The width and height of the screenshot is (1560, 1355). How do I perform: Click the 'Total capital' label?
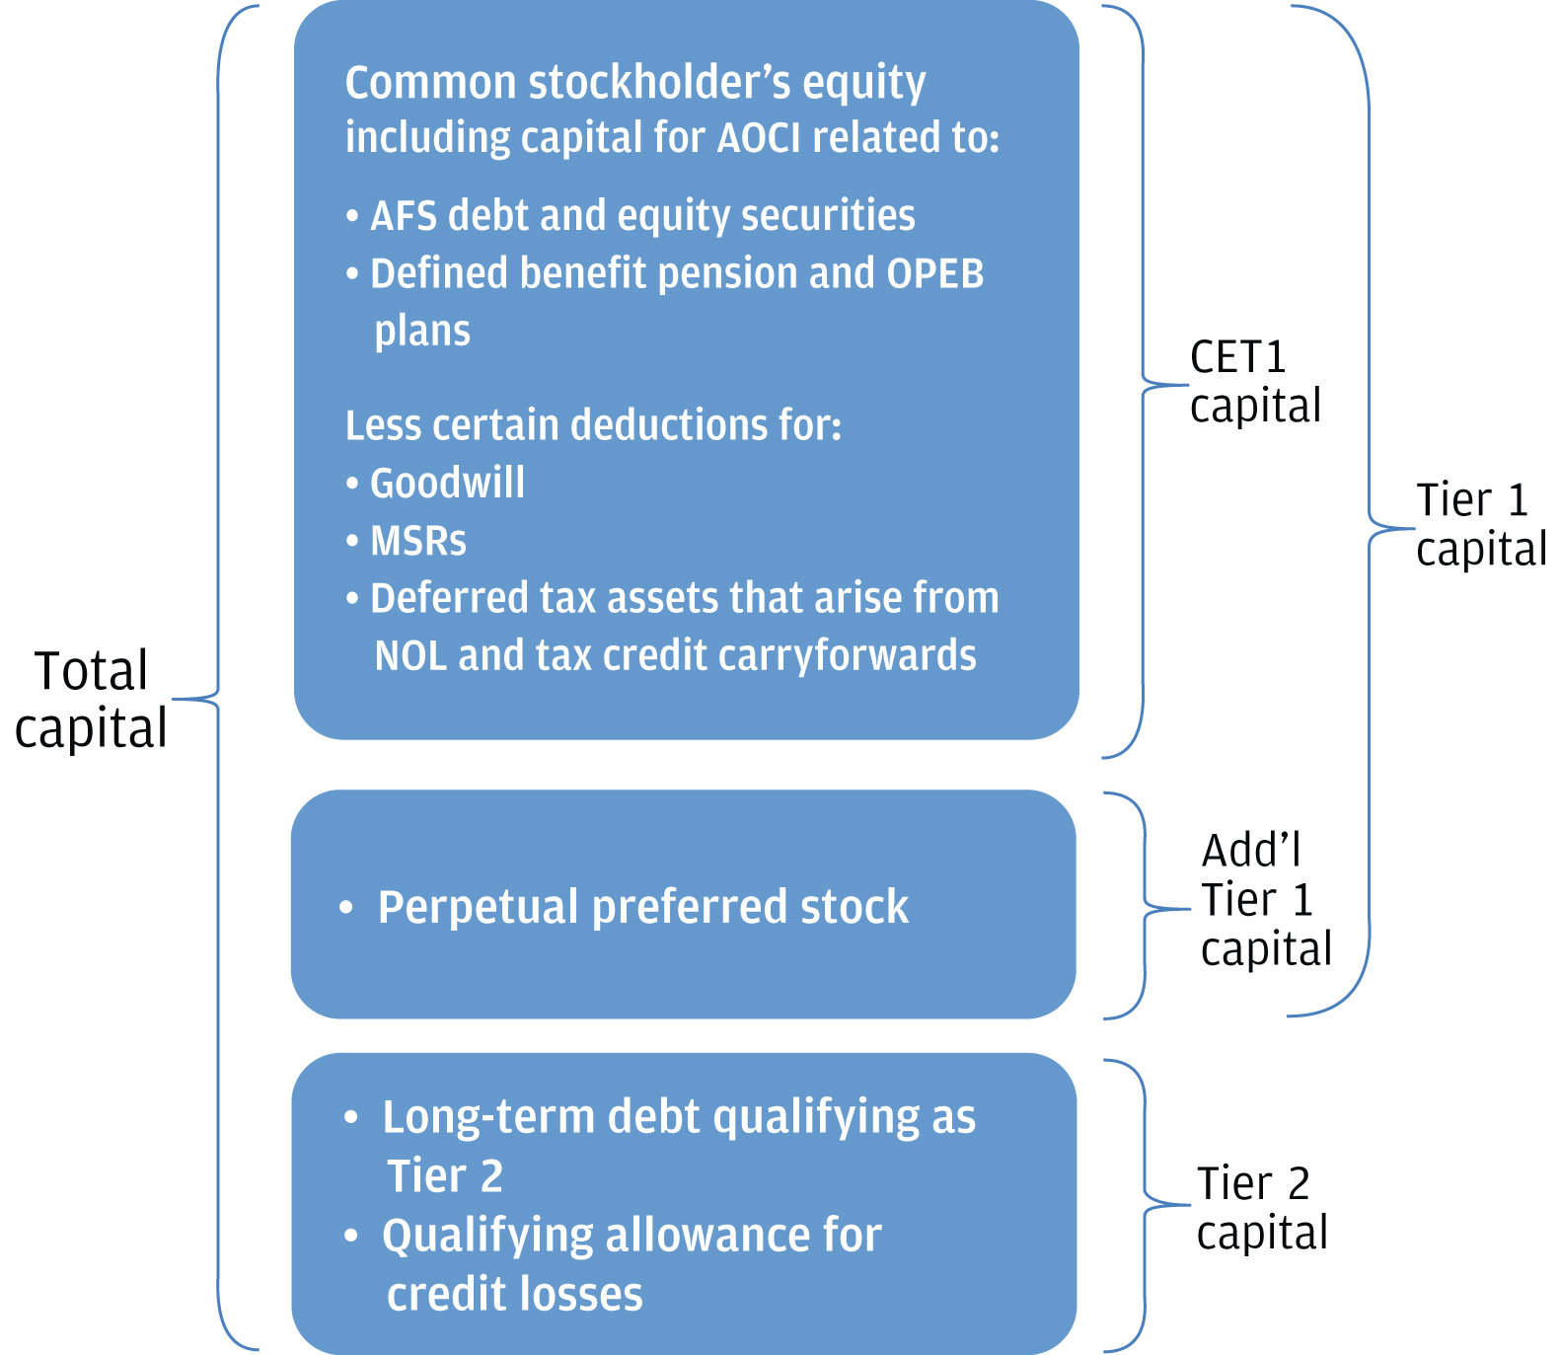91,699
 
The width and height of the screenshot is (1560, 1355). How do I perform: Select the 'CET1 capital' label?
1254,382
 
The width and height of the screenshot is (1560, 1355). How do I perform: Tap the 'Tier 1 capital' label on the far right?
1479,524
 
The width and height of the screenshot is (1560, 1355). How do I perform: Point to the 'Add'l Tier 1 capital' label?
1265,899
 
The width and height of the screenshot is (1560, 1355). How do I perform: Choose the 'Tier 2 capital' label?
1261,1207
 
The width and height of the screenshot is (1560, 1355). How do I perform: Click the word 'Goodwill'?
447,484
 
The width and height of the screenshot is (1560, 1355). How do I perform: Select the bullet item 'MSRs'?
417,541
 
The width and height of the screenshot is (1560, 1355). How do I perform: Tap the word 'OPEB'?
934,273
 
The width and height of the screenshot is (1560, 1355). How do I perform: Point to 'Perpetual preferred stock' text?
642,907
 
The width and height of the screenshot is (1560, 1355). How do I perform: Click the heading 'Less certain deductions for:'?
593,425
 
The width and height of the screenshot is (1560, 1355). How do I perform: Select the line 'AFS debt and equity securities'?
641,215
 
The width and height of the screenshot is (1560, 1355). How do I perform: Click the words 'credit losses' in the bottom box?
514,1293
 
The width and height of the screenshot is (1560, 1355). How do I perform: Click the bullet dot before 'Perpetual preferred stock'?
345,908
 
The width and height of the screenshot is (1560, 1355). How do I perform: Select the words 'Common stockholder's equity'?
634,82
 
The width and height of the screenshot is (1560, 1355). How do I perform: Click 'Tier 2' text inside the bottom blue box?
445,1176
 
